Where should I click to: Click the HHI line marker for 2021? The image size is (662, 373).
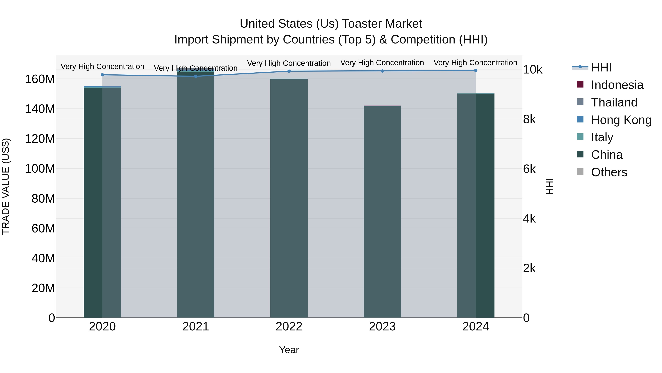point(196,76)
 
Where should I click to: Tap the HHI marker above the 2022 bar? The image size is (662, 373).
point(289,71)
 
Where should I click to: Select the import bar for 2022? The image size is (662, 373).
point(289,198)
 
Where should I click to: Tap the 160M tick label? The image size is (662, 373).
point(40,79)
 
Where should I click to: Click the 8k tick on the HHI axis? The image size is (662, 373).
point(529,119)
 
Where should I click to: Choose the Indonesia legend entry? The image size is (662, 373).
point(617,85)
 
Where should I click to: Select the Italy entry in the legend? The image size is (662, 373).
point(602,137)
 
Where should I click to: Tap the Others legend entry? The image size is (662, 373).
point(609,172)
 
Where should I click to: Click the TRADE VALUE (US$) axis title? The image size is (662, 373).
point(6,186)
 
